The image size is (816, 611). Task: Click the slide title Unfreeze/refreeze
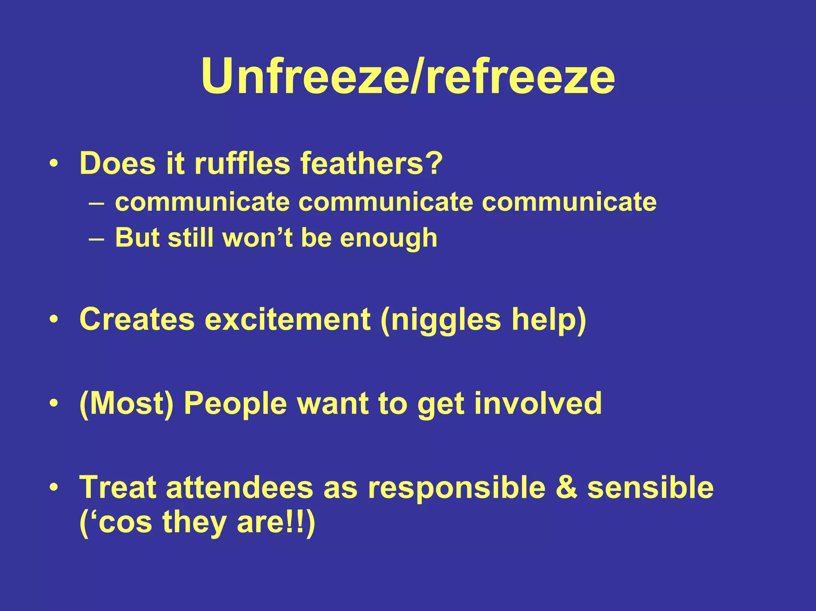(x=408, y=76)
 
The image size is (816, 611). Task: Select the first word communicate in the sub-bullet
(x=202, y=202)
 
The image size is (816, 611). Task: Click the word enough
(x=388, y=238)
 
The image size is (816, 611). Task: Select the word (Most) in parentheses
(x=127, y=404)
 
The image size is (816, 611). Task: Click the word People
(x=235, y=404)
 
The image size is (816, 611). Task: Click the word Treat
(x=118, y=488)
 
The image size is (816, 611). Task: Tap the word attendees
(x=239, y=488)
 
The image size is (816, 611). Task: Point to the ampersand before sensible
(x=566, y=488)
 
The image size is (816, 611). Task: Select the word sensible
(x=650, y=488)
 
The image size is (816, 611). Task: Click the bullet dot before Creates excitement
(x=54, y=319)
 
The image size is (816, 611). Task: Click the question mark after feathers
(x=432, y=163)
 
